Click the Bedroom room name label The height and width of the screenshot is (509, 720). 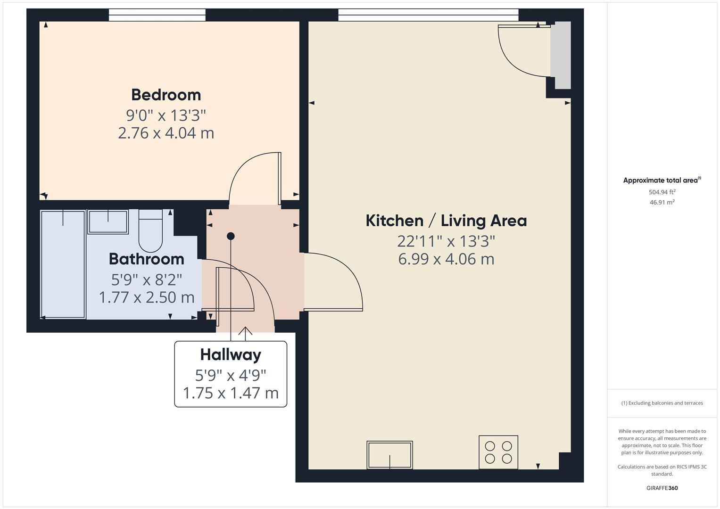click(x=166, y=95)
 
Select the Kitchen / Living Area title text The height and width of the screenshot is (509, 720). click(x=446, y=221)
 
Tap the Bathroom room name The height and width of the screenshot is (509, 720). click(x=146, y=259)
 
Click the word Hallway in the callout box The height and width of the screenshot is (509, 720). click(x=230, y=354)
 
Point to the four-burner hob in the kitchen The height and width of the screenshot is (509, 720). click(x=498, y=452)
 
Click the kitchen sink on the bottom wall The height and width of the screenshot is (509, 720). click(x=389, y=455)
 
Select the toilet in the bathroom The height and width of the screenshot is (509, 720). click(x=150, y=231)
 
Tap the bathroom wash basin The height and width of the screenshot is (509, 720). click(x=108, y=222)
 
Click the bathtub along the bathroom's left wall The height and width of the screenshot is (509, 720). click(x=63, y=264)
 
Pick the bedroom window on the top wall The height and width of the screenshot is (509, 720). click(x=157, y=16)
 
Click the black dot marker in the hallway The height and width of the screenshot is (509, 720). click(x=231, y=236)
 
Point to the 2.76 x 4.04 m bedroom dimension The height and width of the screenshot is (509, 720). click(x=166, y=133)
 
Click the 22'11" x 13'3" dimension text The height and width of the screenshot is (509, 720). click(x=446, y=241)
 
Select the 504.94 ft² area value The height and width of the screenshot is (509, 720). click(x=662, y=192)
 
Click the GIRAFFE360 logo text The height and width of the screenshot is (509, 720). click(x=662, y=488)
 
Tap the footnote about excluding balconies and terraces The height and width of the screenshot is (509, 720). click(x=662, y=403)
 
